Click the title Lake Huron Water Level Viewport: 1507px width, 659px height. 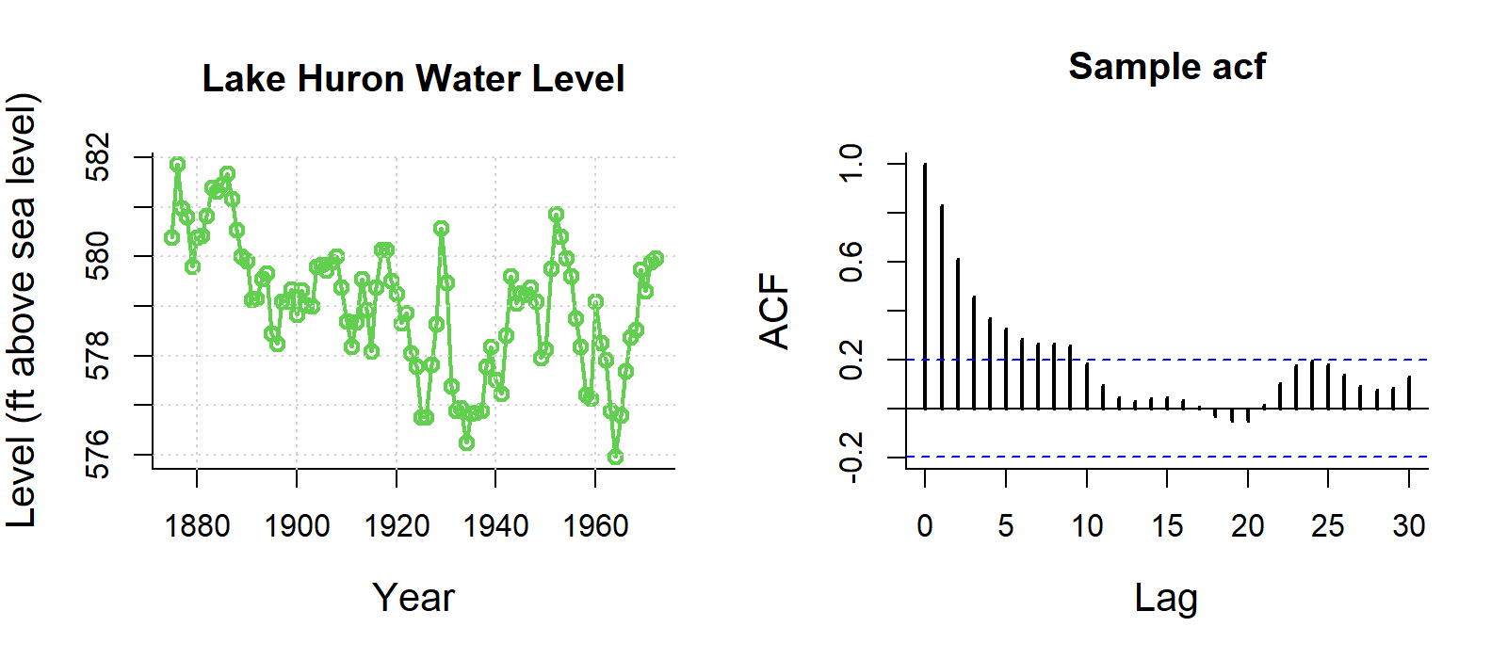pos(413,79)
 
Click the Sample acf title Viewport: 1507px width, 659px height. pos(1167,67)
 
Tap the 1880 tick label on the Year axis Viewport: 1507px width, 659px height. pos(197,525)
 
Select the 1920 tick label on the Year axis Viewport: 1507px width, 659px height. pos(397,525)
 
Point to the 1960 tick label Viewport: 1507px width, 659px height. pos(595,525)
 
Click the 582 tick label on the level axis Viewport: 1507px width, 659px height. pos(98,157)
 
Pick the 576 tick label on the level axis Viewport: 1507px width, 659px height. pos(98,455)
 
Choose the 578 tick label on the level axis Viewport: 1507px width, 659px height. pos(98,356)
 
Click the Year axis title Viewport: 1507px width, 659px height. pos(413,598)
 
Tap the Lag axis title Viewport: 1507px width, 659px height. pos(1166,598)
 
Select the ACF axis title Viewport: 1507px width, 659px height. pos(774,312)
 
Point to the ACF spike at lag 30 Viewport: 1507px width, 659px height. pos(1409,393)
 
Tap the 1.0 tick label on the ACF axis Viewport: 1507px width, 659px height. pos(851,164)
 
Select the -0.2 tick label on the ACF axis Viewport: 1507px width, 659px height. pos(851,458)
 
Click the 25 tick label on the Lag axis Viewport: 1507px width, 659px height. pos(1328,525)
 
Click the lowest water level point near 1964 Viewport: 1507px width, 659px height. pos(615,457)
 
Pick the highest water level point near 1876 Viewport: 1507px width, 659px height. pos(177,165)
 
